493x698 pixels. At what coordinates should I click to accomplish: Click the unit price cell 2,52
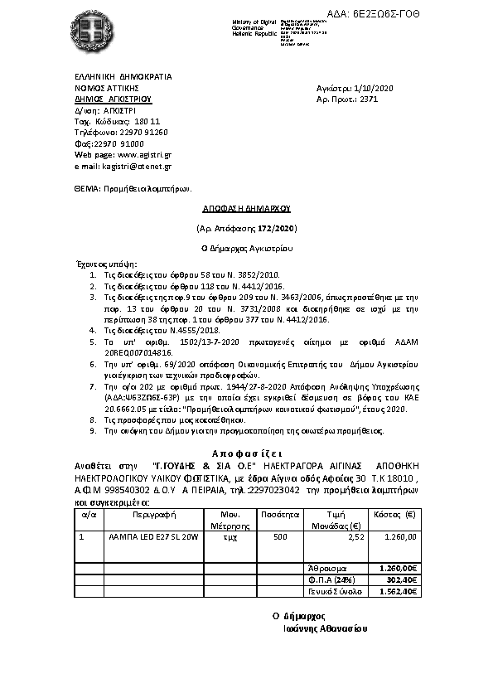[x=355, y=537]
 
